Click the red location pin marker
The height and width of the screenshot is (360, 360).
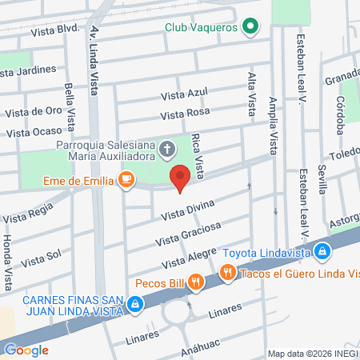180,177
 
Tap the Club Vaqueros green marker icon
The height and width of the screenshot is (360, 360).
250,27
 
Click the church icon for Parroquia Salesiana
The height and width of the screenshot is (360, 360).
167,148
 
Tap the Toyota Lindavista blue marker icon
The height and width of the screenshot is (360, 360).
322,252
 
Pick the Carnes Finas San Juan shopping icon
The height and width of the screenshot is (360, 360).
136,304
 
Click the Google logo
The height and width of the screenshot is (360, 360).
26,350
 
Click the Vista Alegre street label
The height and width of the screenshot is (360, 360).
189,258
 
